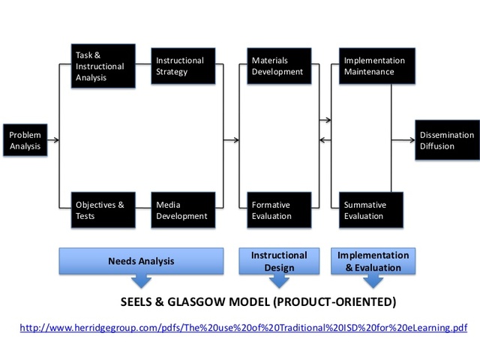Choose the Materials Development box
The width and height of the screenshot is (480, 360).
277,66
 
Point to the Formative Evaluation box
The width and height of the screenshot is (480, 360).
277,210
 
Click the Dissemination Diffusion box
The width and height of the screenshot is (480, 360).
448,140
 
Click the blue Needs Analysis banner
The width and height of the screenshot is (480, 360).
141,261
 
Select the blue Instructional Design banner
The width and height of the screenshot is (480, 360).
279,261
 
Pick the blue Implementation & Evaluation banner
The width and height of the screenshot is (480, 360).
373,261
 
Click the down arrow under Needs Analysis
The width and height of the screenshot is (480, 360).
140,281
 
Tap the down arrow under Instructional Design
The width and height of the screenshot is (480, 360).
279,281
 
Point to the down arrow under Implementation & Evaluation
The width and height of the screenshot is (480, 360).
373,281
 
